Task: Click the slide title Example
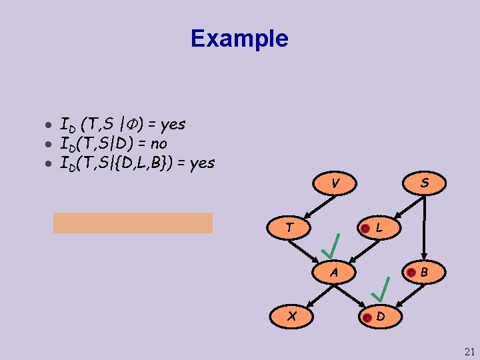(239, 38)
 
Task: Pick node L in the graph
(378, 227)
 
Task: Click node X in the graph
(291, 316)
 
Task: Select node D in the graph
(379, 316)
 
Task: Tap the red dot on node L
(365, 229)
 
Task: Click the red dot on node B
(411, 272)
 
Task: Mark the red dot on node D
(366, 317)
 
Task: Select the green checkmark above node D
(381, 289)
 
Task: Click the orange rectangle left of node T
(133, 223)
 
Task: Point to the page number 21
(469, 351)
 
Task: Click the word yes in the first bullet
(173, 124)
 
